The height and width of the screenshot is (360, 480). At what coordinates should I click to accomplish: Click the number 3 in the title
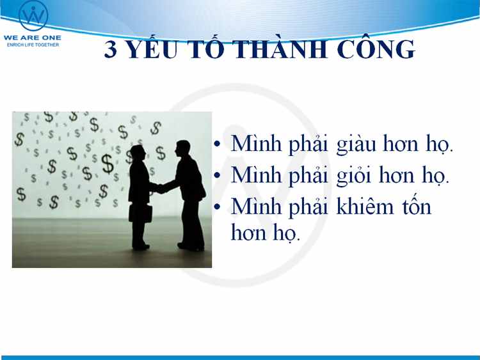click(111, 49)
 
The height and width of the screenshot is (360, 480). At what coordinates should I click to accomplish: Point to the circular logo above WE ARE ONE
click(33, 15)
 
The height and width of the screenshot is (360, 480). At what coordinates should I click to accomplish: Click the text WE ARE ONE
click(33, 38)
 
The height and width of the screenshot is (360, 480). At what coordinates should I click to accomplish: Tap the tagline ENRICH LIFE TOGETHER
click(33, 45)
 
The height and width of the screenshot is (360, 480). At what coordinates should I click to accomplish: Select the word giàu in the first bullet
click(356, 145)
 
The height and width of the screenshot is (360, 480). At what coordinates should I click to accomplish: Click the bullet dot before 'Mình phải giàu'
click(218, 144)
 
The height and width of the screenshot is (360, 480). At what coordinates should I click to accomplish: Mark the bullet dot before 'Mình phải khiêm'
click(218, 207)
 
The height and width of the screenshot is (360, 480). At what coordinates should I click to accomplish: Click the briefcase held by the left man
click(141, 213)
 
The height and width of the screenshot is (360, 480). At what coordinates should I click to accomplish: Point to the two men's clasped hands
click(158, 188)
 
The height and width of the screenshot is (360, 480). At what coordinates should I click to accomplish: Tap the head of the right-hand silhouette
click(183, 148)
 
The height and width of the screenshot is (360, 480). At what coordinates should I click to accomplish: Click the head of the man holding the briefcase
click(137, 152)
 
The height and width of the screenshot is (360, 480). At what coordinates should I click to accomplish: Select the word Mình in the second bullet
click(256, 176)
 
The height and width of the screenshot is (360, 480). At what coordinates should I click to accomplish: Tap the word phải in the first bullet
click(308, 144)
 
